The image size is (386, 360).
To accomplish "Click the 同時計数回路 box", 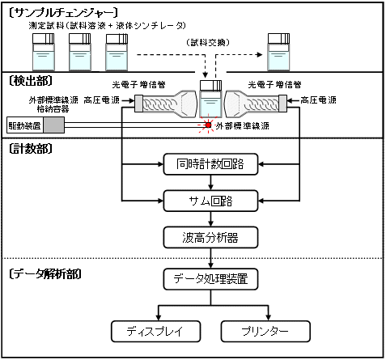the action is (210, 164).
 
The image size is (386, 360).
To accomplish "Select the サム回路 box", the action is (210, 201).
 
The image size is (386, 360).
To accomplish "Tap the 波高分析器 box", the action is (210, 238).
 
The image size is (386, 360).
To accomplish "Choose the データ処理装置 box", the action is (210, 279).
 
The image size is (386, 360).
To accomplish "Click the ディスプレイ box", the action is (155, 331).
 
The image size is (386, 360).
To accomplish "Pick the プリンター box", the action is (265, 331).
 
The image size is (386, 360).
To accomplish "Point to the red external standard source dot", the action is (208, 125).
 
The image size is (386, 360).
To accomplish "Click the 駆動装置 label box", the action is (25, 125).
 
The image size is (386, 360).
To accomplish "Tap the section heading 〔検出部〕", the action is (31, 81).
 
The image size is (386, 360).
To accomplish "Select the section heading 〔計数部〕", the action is (31, 149).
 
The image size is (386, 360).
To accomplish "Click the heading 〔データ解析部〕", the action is (45, 274).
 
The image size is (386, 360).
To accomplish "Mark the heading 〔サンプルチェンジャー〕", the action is (63, 13).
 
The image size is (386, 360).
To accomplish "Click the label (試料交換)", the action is (208, 42).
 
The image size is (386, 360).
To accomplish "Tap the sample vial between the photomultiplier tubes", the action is (210, 99).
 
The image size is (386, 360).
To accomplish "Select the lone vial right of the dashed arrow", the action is (278, 52).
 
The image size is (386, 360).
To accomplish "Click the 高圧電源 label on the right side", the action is (319, 100).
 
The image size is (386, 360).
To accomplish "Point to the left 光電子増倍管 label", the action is (138, 85).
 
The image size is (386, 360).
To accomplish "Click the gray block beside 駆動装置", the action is (54, 125).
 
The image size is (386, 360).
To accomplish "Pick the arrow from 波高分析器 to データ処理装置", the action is (210, 258).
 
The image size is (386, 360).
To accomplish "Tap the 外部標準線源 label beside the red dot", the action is (242, 126).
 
